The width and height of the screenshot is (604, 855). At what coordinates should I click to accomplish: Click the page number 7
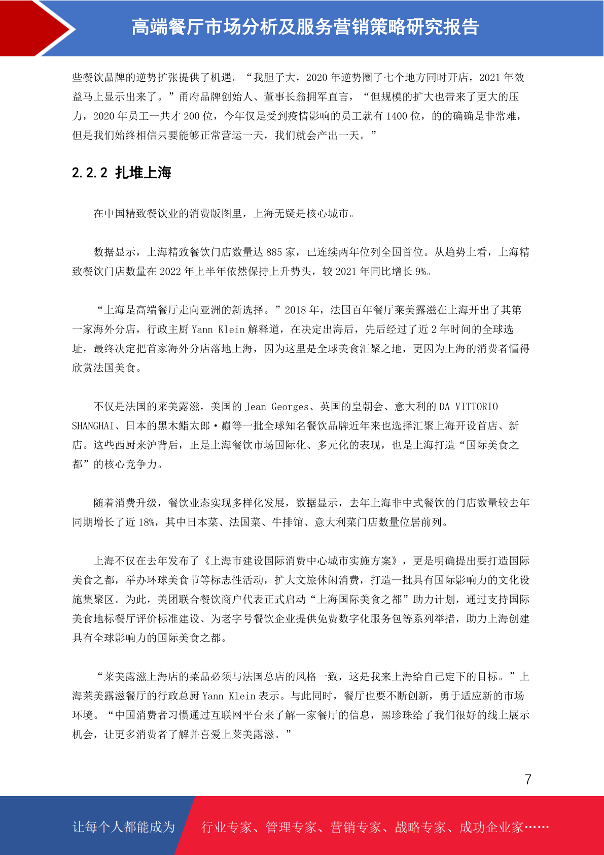tap(528, 779)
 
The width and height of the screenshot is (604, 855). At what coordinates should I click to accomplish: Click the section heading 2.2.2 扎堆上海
tap(122, 173)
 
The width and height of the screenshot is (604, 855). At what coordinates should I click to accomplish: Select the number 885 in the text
tap(274, 252)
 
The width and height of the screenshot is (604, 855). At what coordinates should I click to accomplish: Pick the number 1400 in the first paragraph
tap(397, 116)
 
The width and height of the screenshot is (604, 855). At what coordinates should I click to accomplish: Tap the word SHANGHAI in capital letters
tap(93, 426)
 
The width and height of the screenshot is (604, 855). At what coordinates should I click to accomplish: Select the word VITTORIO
tap(476, 407)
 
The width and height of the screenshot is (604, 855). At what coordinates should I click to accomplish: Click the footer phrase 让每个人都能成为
tap(124, 827)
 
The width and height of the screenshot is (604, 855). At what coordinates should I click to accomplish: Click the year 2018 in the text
tap(295, 310)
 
